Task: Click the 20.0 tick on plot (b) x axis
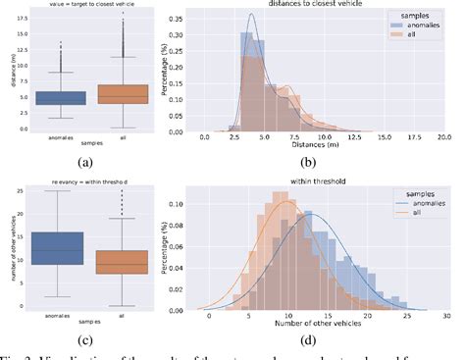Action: (x=442, y=136)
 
